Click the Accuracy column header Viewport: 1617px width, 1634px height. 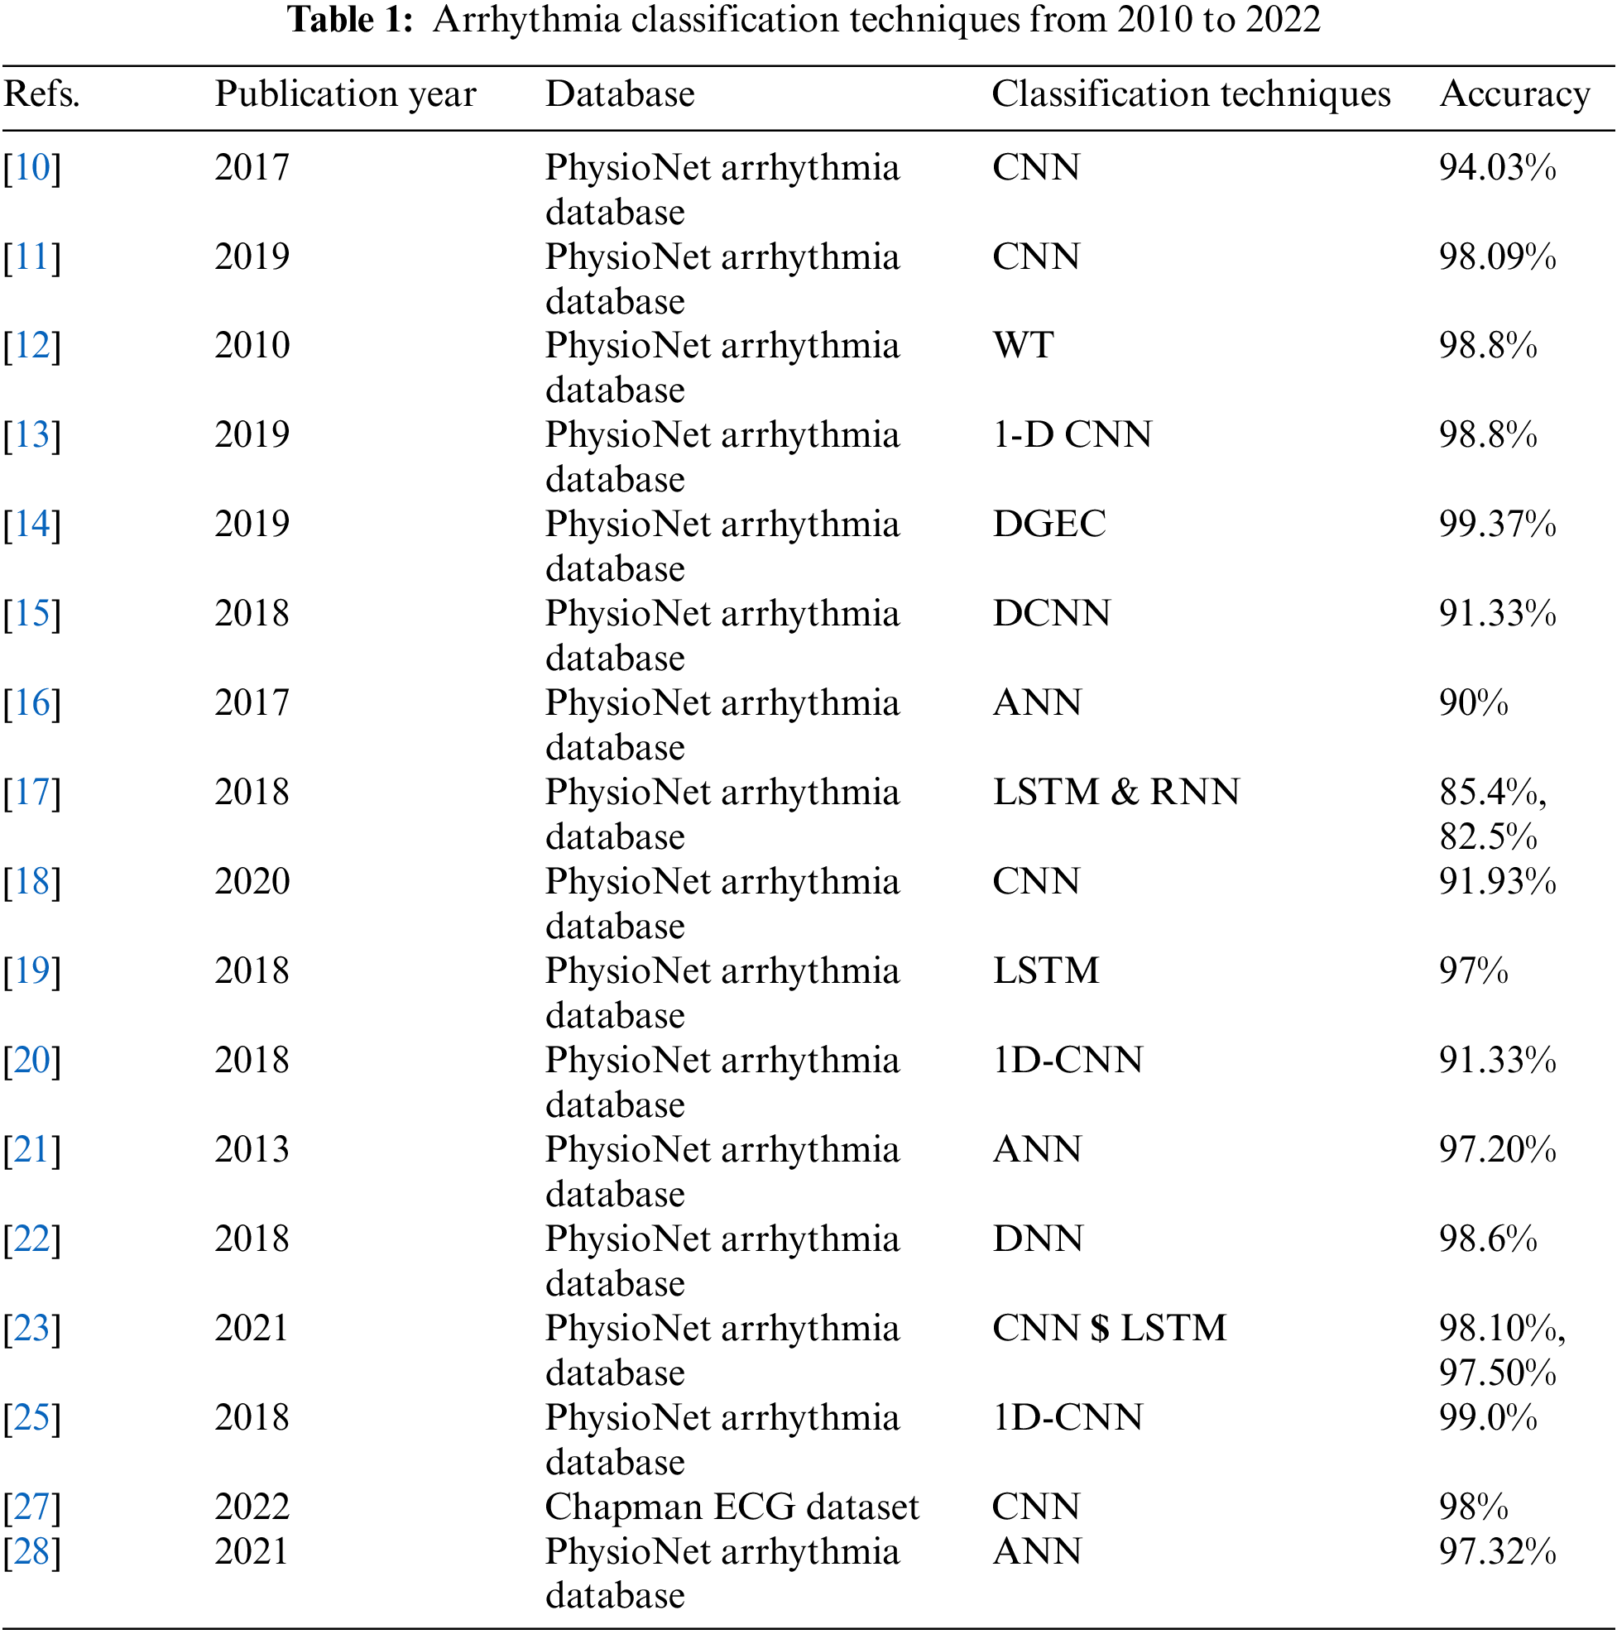coord(1514,93)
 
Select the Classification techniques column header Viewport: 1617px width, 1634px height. coord(1191,93)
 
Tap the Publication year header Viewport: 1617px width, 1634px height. coord(345,93)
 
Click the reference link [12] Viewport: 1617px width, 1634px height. coord(32,345)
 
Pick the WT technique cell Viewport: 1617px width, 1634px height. coord(1023,345)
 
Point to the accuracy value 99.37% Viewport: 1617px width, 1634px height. coord(1497,524)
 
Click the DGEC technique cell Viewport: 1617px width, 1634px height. coord(1048,524)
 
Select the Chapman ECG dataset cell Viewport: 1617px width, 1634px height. coord(731,1507)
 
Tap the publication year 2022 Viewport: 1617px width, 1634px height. coord(252,1507)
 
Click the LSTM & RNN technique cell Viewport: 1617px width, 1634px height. coord(1116,792)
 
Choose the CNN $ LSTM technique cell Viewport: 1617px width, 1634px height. coord(1108,1328)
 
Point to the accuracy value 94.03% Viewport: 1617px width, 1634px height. coord(1497,167)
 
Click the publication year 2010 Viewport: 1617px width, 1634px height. coord(252,345)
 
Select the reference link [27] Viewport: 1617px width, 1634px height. coord(32,1507)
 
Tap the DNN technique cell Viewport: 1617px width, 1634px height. coord(1038,1239)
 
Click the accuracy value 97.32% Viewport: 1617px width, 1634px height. coord(1497,1551)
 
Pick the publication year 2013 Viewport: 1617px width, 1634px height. coord(252,1148)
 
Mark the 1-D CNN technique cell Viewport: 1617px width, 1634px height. coord(1071,434)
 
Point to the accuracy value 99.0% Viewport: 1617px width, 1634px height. coord(1488,1416)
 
